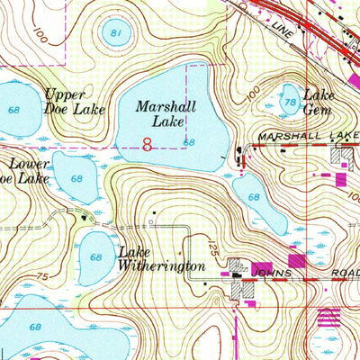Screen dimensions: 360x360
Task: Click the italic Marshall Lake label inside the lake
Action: (x=166, y=113)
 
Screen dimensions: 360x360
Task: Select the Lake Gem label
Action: (x=318, y=102)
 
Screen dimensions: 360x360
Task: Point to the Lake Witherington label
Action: (x=162, y=260)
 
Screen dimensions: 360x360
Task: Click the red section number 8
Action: (x=147, y=142)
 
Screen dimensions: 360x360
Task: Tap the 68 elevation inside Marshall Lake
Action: (x=189, y=142)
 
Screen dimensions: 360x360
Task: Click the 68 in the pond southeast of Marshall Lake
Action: (x=255, y=196)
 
